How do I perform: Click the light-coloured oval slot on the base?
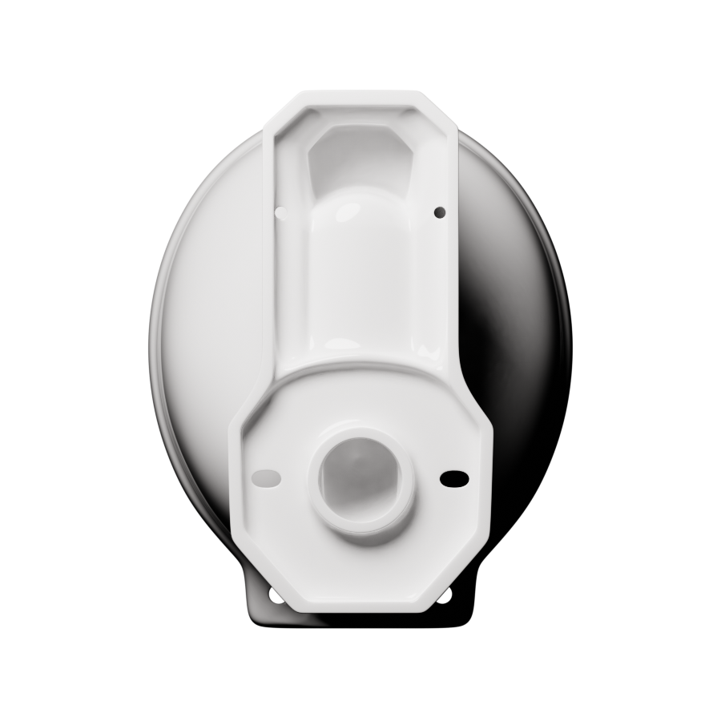pos(266,477)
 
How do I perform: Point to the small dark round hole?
pos(438,211)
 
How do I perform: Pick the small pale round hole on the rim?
pos(280,212)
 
